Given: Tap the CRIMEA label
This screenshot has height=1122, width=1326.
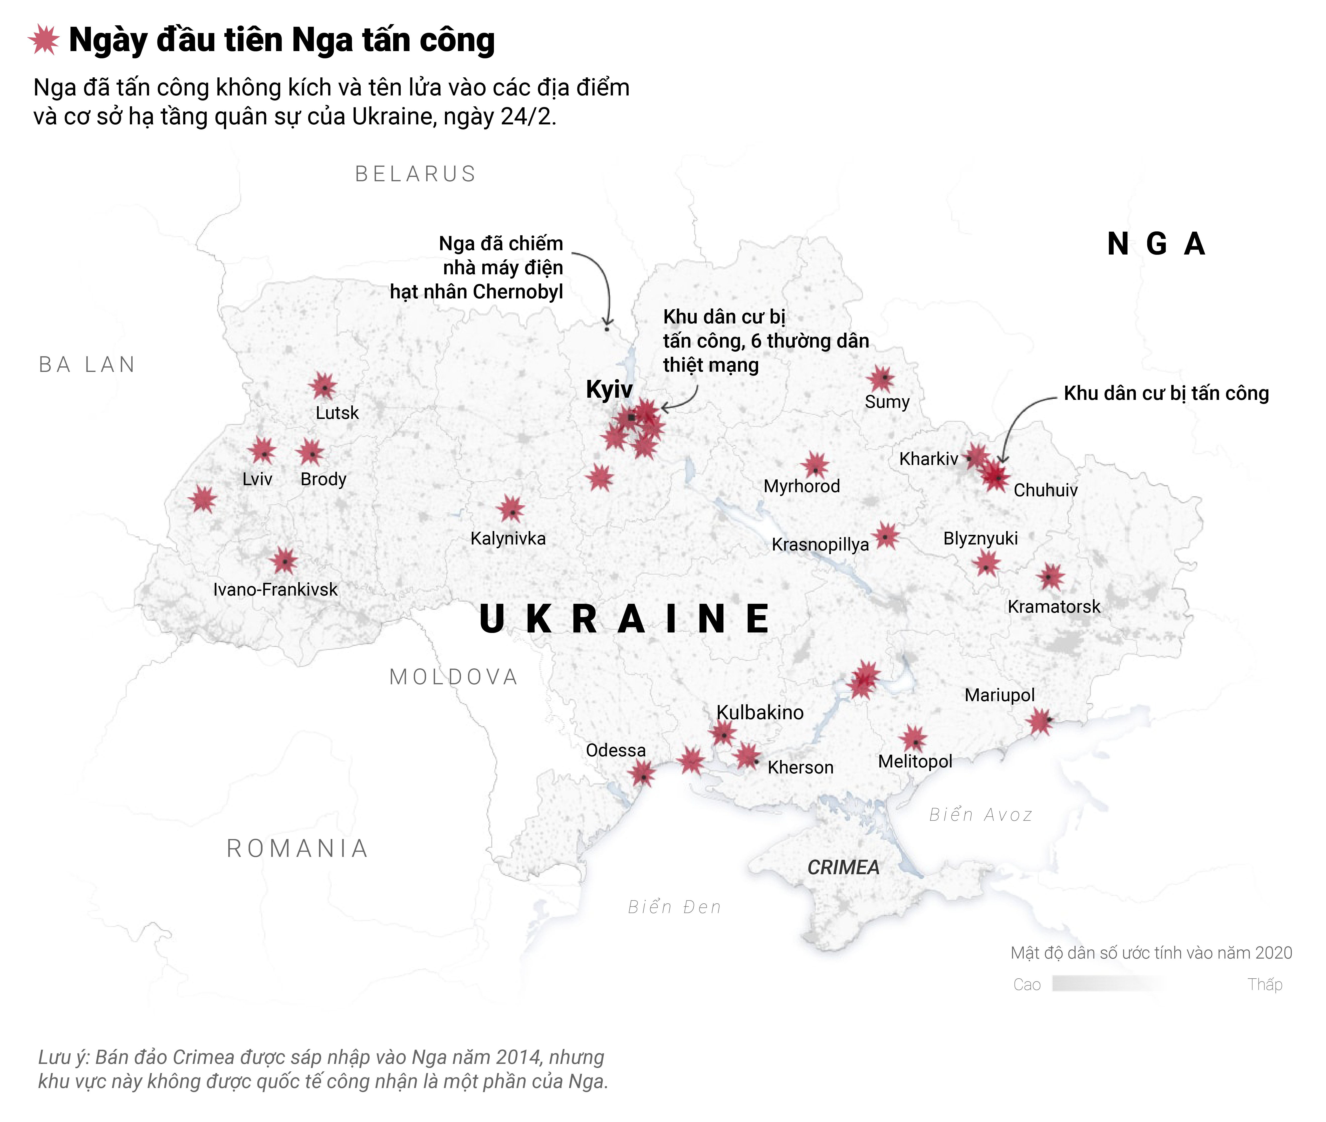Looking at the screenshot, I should pos(843,867).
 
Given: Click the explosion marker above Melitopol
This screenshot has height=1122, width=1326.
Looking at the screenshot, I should pos(914,739).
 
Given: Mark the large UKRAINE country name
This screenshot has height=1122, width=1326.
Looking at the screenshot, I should pos(625,619).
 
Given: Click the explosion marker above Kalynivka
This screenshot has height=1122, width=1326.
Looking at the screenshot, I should pos(511,510).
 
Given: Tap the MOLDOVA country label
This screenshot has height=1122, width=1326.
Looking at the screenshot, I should pos(453,677).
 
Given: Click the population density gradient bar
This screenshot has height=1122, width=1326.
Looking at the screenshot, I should pos(1110,984).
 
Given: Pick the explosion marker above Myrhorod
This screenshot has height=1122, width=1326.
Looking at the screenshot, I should pos(815,466).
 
